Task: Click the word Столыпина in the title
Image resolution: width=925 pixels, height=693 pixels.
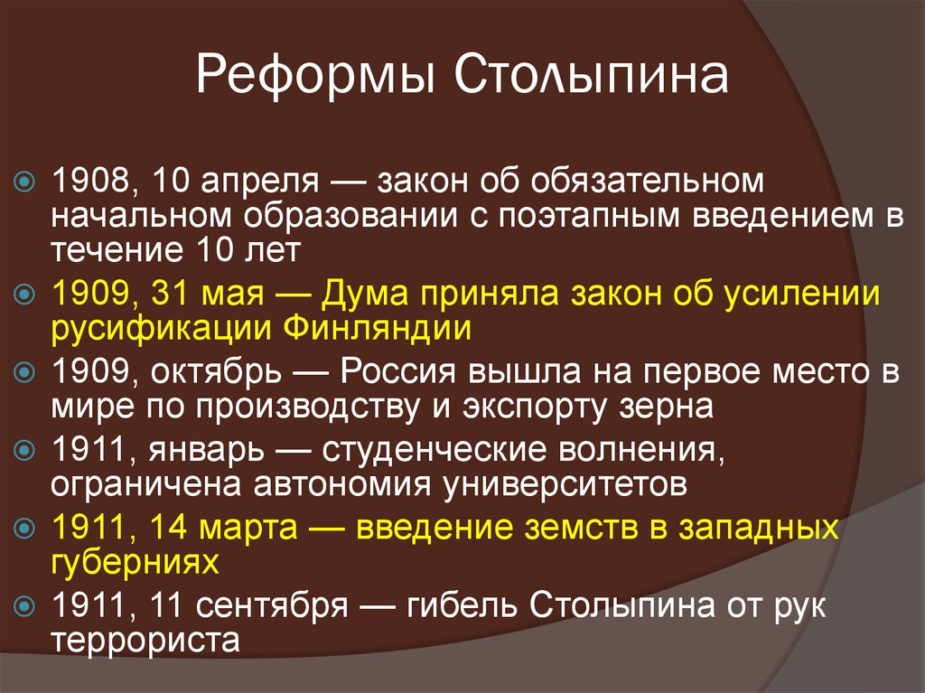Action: pos(592,78)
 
